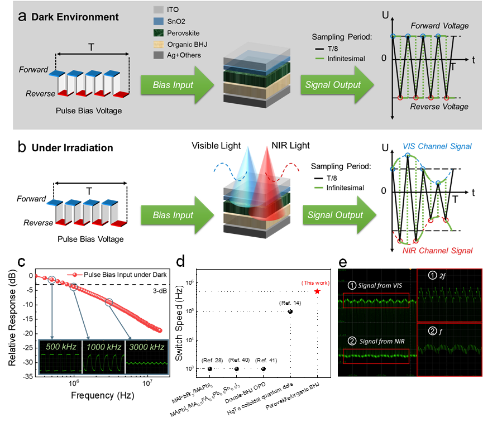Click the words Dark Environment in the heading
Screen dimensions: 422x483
pyautogui.click(x=75, y=17)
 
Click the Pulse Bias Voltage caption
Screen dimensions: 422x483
pyautogui.click(x=89, y=111)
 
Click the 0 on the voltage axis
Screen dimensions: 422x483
pyautogui.click(x=384, y=58)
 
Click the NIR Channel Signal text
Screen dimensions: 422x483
pyautogui.click(x=438, y=251)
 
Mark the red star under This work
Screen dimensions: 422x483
pyautogui.click(x=318, y=291)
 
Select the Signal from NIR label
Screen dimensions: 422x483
pyautogui.click(x=377, y=341)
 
